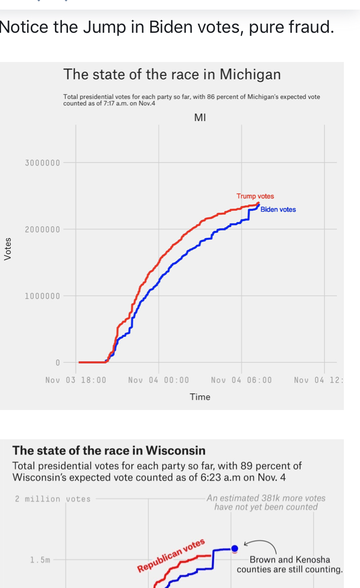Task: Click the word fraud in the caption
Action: pos(308,27)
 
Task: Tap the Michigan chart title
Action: pos(172,75)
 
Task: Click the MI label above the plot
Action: pos(200,117)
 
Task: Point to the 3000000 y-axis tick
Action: pos(42,163)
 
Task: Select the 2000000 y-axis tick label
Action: pos(42,229)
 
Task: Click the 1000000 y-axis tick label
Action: pos(42,296)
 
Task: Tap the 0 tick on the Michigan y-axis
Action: pos(57,363)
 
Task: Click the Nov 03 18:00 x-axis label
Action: pos(76,380)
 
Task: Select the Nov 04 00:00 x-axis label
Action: pos(159,380)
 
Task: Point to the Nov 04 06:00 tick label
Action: pos(241,380)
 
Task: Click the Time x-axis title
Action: pos(200,397)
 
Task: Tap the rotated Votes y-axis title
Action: pos(7,249)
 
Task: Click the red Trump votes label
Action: pos(255,196)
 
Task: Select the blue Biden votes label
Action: pos(278,209)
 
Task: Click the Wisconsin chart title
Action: pos(109,450)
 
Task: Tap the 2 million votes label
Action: pos(53,499)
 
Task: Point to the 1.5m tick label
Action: pos(41,560)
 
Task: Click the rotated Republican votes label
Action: pos(171,555)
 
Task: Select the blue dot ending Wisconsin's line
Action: pos(234,548)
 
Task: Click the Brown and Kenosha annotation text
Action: pos(289,564)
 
